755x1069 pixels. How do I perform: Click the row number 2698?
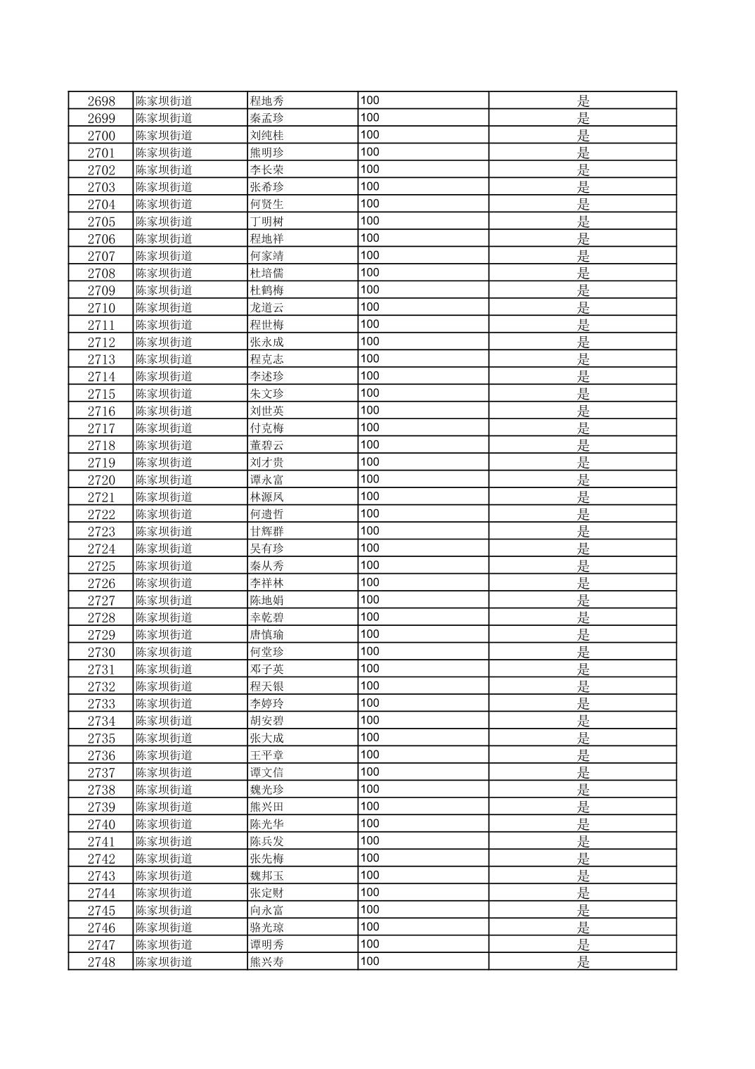[x=101, y=101]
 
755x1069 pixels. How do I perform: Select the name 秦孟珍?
[x=266, y=118]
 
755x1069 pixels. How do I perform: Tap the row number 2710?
[x=101, y=307]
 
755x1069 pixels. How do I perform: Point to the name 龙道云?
[x=266, y=307]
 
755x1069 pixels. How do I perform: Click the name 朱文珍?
[x=266, y=394]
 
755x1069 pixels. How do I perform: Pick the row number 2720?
[x=101, y=480]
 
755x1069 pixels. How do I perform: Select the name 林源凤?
[x=266, y=497]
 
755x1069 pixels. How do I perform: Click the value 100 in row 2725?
[x=370, y=565]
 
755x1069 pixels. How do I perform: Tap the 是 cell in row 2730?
[x=583, y=652]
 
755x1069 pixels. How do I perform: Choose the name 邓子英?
[x=266, y=669]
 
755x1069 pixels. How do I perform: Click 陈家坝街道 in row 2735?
[x=164, y=738]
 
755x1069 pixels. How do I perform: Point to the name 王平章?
[x=266, y=755]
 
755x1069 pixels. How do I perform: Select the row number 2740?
[x=101, y=824]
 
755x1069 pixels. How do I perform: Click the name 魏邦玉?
[x=266, y=876]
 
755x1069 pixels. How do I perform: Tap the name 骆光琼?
[x=266, y=928]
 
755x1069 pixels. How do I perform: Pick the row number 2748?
[x=101, y=962]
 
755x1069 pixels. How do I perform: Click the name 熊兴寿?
[x=266, y=962]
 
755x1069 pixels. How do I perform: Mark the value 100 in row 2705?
[x=370, y=221]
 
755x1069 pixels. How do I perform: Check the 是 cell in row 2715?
[x=583, y=394]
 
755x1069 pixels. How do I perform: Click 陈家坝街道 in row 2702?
[x=164, y=169]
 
